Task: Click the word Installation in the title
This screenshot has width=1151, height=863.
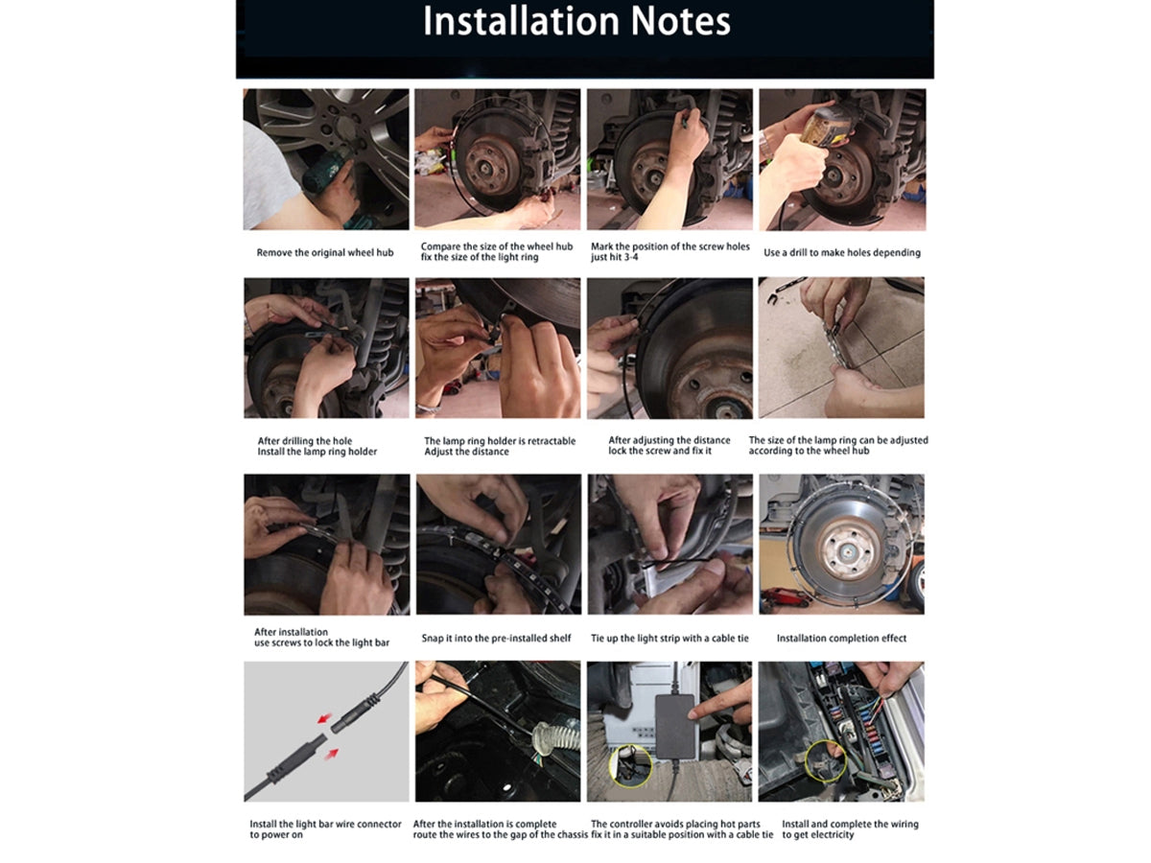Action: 521,21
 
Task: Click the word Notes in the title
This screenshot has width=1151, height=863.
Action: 681,21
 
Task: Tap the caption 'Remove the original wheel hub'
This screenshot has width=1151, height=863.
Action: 324,252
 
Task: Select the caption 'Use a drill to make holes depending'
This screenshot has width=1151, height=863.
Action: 841,252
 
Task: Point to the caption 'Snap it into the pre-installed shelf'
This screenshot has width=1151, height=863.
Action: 496,638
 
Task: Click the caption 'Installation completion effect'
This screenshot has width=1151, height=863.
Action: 841,638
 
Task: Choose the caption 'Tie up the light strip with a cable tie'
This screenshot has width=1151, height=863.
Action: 669,638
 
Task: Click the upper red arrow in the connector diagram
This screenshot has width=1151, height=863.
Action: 325,717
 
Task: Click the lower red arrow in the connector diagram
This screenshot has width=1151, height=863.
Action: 332,754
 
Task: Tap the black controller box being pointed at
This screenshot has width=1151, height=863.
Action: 676,726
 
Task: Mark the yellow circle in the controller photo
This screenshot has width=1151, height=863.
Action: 630,765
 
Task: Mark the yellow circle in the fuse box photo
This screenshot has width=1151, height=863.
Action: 826,760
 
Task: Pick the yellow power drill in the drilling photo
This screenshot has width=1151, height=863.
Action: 824,126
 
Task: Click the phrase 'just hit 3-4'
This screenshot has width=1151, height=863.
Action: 614,257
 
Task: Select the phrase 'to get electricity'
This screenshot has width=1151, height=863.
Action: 817,834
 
